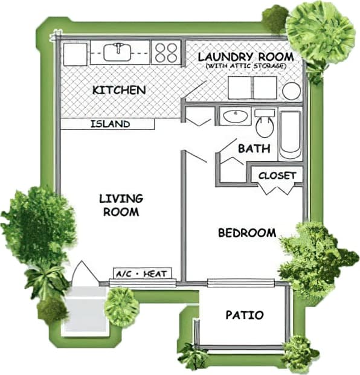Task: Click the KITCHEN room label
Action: tap(119, 90)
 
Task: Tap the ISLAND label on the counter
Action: tap(110, 124)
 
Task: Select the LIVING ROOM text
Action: tap(121, 205)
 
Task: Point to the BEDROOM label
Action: tap(247, 232)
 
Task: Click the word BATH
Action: tap(254, 149)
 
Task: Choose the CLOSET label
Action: tap(277, 175)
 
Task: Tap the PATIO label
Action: tap(245, 315)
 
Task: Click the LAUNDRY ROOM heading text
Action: tap(246, 56)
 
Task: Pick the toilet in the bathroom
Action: tap(264, 124)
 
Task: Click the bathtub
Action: tap(290, 135)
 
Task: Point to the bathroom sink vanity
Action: tap(234, 116)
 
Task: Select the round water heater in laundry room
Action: tap(292, 91)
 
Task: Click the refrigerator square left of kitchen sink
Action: tap(75, 54)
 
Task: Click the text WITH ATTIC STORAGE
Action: tap(246, 65)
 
